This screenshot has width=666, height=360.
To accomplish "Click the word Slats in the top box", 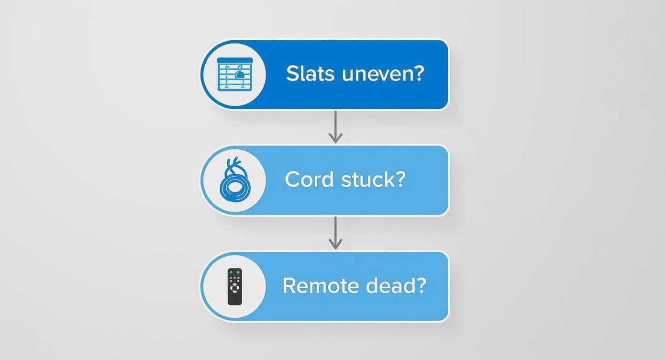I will [x=310, y=74].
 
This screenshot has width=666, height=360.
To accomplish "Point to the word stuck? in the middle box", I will [x=373, y=180].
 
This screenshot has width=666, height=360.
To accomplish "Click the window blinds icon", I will [x=234, y=74].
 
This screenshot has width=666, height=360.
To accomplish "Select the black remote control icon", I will [x=234, y=286].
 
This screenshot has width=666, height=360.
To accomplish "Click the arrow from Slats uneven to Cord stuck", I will [x=335, y=127].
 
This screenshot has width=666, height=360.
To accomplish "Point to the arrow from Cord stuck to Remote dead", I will [x=335, y=233].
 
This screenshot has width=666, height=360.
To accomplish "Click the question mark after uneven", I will [x=419, y=74].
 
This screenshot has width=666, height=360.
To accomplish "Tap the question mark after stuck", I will [x=400, y=180].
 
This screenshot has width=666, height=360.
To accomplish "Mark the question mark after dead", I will [x=421, y=286].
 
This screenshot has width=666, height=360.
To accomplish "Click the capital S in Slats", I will [x=291, y=74].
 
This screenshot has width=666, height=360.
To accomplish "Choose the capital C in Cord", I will [x=292, y=180].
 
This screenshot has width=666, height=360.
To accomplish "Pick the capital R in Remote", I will [x=289, y=286].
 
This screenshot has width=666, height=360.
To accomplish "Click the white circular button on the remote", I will [x=234, y=288].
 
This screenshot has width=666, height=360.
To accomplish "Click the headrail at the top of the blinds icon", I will [x=234, y=60].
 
